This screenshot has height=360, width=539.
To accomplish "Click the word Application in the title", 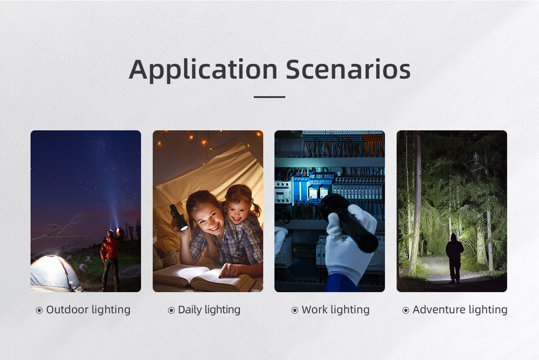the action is (203, 70).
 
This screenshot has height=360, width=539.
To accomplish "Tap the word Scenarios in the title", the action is (348, 69).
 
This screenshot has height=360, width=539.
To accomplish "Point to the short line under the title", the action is (269, 97).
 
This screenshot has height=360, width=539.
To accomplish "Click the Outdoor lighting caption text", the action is (88, 310).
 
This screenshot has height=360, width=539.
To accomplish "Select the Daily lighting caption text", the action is (209, 310).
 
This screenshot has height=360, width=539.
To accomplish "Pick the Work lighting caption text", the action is (336, 310).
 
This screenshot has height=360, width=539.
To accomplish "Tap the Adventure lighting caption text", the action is (460, 310).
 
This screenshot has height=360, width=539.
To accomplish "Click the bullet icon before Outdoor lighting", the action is (39, 311).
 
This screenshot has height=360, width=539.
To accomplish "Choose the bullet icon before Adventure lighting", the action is (406, 311).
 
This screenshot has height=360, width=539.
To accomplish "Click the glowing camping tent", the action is (55, 273).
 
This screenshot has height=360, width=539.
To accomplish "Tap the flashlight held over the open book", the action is (179, 218).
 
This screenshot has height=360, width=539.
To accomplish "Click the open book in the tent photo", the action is (203, 277).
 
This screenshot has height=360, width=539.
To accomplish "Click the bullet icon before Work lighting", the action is (295, 311).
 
